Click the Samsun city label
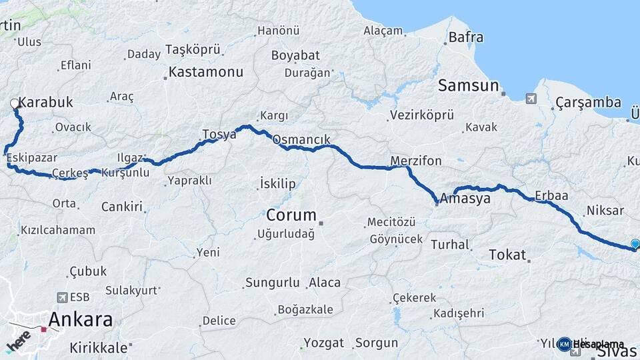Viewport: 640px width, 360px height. click(x=469, y=85)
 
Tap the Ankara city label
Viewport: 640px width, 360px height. click(x=81, y=319)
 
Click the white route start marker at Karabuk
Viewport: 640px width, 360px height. click(x=15, y=103)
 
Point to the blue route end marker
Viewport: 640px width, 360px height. click(x=635, y=245)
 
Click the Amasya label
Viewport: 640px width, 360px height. click(x=465, y=199)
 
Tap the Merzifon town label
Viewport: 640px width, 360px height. click(x=416, y=161)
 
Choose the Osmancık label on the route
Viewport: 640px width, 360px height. click(x=301, y=140)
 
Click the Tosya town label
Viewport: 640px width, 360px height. click(x=219, y=134)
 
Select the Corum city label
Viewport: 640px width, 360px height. click(x=291, y=215)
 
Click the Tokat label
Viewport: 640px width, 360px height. click(x=507, y=255)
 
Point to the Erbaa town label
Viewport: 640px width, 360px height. click(x=551, y=196)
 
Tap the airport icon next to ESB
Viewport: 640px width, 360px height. click(x=63, y=297)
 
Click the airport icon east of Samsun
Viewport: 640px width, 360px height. click(x=531, y=99)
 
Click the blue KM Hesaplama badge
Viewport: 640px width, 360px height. click(x=565, y=344)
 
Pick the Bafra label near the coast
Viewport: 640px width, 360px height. click(x=466, y=37)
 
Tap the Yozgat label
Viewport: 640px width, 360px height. click(x=324, y=343)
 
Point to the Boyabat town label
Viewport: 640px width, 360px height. click(x=295, y=55)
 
